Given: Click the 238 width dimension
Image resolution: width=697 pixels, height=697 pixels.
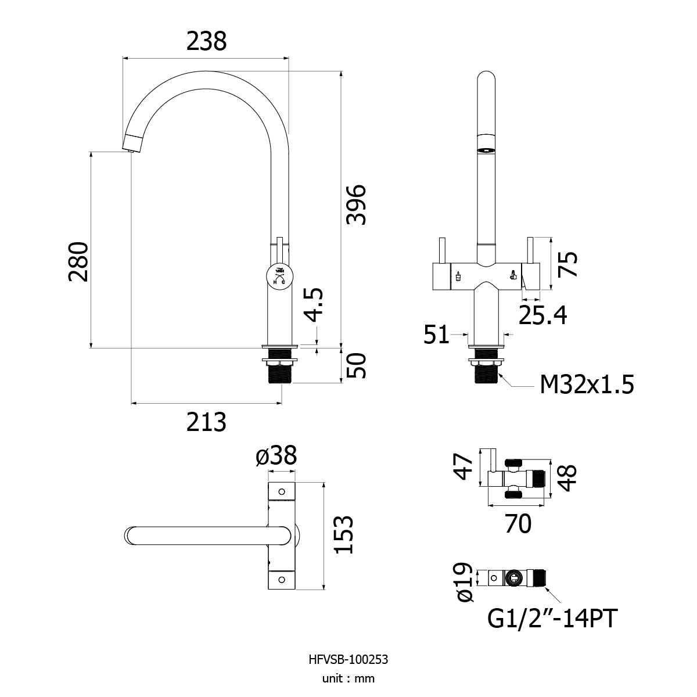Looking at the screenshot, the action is [x=206, y=41].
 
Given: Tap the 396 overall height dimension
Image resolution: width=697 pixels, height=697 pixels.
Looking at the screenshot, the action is [x=356, y=204].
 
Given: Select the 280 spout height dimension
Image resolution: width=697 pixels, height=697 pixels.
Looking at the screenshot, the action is [x=78, y=261].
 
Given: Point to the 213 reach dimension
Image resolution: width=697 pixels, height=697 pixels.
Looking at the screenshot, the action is [x=206, y=422].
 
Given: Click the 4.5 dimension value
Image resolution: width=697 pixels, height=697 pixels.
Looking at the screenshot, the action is [x=313, y=304].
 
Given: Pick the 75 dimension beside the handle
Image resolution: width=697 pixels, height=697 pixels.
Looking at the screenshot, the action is [x=567, y=264].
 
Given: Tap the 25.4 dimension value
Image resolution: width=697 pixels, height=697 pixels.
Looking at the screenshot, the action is [x=542, y=315].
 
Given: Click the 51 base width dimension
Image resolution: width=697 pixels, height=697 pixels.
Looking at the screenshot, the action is [x=436, y=334].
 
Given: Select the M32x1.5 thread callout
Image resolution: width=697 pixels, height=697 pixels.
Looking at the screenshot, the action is [x=587, y=385].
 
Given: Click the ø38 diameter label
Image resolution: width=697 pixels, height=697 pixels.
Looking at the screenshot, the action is [x=276, y=455].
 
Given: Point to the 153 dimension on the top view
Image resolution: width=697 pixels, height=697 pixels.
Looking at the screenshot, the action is [x=343, y=534].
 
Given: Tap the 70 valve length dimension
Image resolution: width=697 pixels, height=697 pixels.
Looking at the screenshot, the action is [x=518, y=523].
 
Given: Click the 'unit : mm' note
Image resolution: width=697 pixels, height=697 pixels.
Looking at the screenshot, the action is [x=348, y=678].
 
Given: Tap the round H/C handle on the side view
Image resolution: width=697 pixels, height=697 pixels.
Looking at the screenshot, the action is [x=279, y=277].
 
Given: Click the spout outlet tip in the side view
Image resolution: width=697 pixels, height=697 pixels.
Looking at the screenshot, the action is [x=132, y=150].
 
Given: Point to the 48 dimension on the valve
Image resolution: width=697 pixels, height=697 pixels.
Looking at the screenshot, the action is [x=567, y=478].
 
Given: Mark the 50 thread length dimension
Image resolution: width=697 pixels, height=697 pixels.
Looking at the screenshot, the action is [x=356, y=366].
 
